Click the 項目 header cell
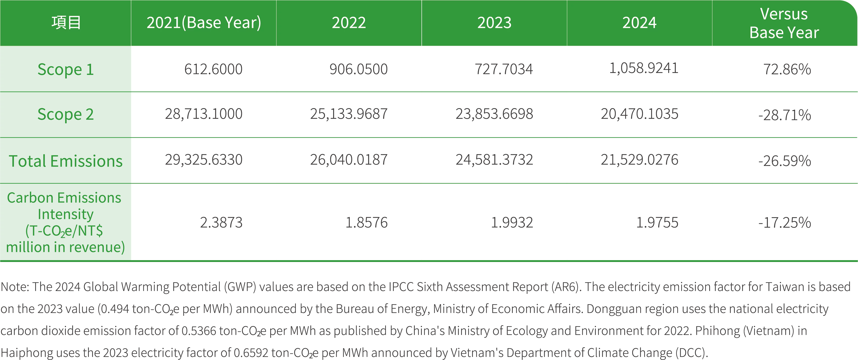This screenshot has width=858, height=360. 66,23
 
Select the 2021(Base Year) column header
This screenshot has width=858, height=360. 204,23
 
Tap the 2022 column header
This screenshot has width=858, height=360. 349,23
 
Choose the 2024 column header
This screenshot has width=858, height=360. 639,23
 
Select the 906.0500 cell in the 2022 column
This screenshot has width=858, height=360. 358,69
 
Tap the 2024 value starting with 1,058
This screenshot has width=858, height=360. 643,68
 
